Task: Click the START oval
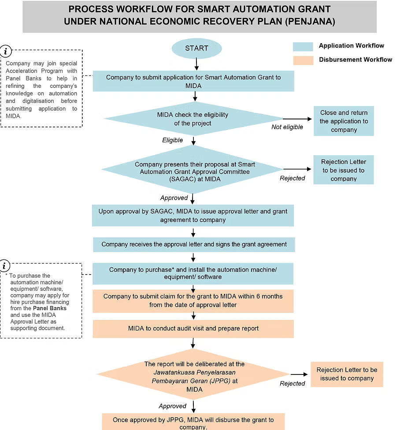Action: [196, 48]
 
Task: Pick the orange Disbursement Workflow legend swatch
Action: [303, 59]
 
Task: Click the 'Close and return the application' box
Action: [344, 121]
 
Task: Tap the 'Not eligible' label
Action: [287, 127]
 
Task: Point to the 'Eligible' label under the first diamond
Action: [173, 140]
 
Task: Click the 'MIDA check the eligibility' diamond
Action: [193, 119]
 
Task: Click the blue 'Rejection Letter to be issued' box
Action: [343, 170]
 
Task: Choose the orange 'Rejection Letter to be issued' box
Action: [347, 374]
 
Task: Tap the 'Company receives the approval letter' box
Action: [194, 244]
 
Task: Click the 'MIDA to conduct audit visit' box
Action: [193, 328]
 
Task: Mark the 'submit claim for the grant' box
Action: [193, 300]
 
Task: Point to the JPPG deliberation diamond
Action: [194, 377]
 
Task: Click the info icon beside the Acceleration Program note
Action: [6, 52]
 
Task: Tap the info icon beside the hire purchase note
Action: [5, 266]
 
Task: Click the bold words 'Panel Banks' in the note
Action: [50, 308]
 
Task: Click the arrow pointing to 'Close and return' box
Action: [297, 119]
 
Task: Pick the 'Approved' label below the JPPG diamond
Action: [173, 406]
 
